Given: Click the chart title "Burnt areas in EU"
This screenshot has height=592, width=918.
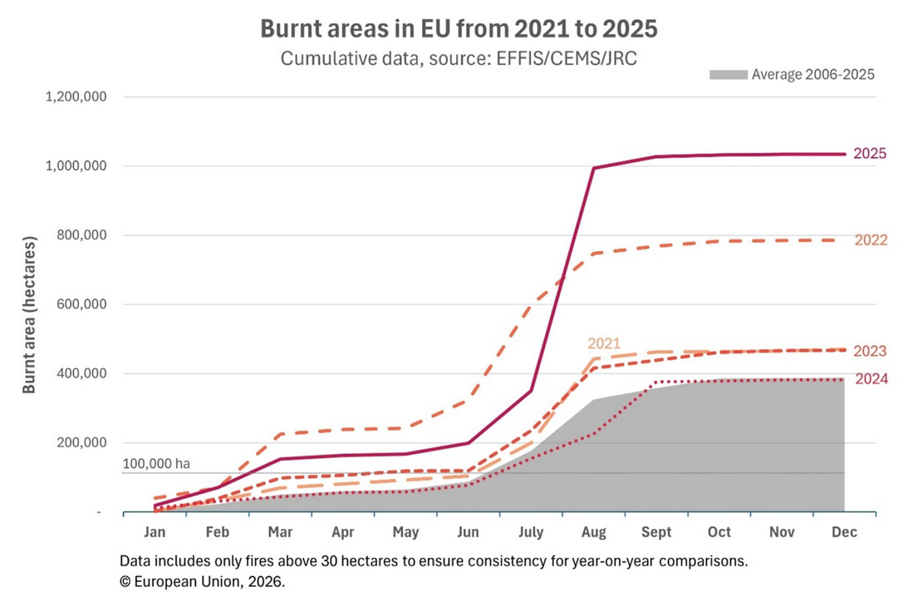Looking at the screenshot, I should [x=459, y=28].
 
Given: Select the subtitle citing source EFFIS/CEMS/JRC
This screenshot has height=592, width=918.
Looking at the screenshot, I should [x=459, y=58].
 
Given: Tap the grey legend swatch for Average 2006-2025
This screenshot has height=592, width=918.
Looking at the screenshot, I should [x=728, y=75].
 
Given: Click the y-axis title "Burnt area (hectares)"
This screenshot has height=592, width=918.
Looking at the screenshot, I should [x=29, y=315].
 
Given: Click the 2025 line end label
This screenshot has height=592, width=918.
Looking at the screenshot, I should [x=870, y=154].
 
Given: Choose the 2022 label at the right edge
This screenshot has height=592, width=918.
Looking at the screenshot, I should [x=871, y=240].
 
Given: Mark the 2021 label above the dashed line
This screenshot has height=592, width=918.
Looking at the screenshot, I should [x=603, y=344].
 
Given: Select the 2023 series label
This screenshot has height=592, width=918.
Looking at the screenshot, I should [x=870, y=351].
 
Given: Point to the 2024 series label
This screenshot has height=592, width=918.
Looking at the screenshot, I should [x=872, y=379].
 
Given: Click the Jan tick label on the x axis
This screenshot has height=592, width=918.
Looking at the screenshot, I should [x=155, y=532].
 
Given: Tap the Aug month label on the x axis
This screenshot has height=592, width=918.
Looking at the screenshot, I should [x=594, y=532].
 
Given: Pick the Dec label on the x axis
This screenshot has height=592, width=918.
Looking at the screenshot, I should [x=845, y=532].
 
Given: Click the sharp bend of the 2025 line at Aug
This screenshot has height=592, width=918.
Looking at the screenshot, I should [x=594, y=168].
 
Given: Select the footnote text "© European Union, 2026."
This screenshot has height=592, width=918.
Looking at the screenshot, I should [x=202, y=581].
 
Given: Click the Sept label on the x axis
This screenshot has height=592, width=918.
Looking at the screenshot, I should [x=657, y=532].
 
